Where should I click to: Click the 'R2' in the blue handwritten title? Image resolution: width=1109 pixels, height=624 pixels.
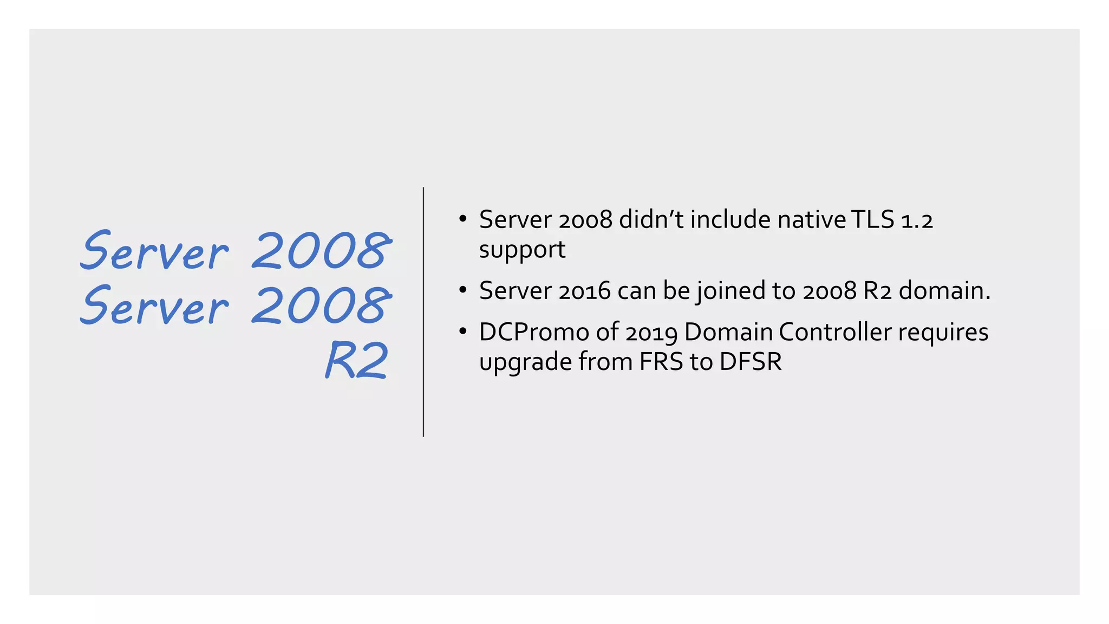pos(357,360)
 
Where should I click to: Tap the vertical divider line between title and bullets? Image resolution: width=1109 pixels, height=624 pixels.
pos(423,312)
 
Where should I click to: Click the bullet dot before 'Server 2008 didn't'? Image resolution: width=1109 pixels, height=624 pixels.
pos(462,219)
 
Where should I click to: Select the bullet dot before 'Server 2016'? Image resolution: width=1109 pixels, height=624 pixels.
pos(462,290)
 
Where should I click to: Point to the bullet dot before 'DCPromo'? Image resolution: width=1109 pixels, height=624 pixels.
pos(462,331)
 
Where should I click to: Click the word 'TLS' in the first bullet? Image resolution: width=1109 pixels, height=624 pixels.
pos(872,220)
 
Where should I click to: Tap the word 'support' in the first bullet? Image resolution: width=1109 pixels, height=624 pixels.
pos(522,250)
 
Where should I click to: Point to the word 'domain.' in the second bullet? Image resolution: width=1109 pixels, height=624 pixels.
pos(944,291)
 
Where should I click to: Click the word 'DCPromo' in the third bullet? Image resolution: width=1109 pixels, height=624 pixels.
pos(534,333)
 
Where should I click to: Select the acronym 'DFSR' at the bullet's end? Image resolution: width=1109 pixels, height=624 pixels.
pos(751,362)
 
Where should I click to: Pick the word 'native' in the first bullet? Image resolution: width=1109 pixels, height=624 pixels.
pos(811,220)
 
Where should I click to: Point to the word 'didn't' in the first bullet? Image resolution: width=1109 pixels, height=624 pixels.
pos(651,220)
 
